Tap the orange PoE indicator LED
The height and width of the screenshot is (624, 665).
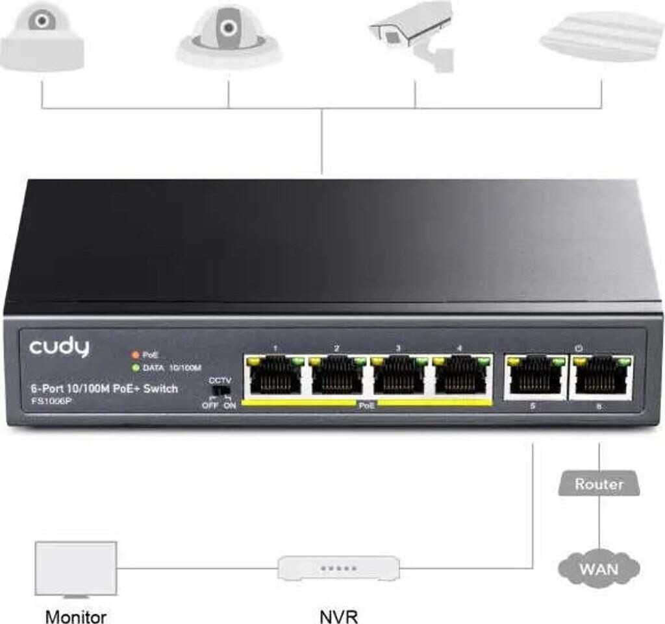(x=135, y=355)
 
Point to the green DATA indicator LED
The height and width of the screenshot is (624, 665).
(x=135, y=368)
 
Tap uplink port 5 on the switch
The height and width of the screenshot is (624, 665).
(x=534, y=376)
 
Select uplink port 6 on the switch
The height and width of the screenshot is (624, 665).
(x=601, y=376)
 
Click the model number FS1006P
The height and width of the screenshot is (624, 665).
(x=48, y=400)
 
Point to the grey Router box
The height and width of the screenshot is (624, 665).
(x=599, y=484)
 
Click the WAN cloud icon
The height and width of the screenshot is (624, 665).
(x=599, y=569)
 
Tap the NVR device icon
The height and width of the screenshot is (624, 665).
(x=338, y=568)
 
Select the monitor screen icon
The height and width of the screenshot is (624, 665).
(x=76, y=568)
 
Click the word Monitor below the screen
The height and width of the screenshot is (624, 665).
(x=76, y=615)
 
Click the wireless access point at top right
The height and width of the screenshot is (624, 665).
(x=601, y=36)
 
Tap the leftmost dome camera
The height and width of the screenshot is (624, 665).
(x=42, y=39)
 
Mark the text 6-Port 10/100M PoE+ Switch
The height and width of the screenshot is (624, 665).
(x=104, y=389)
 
